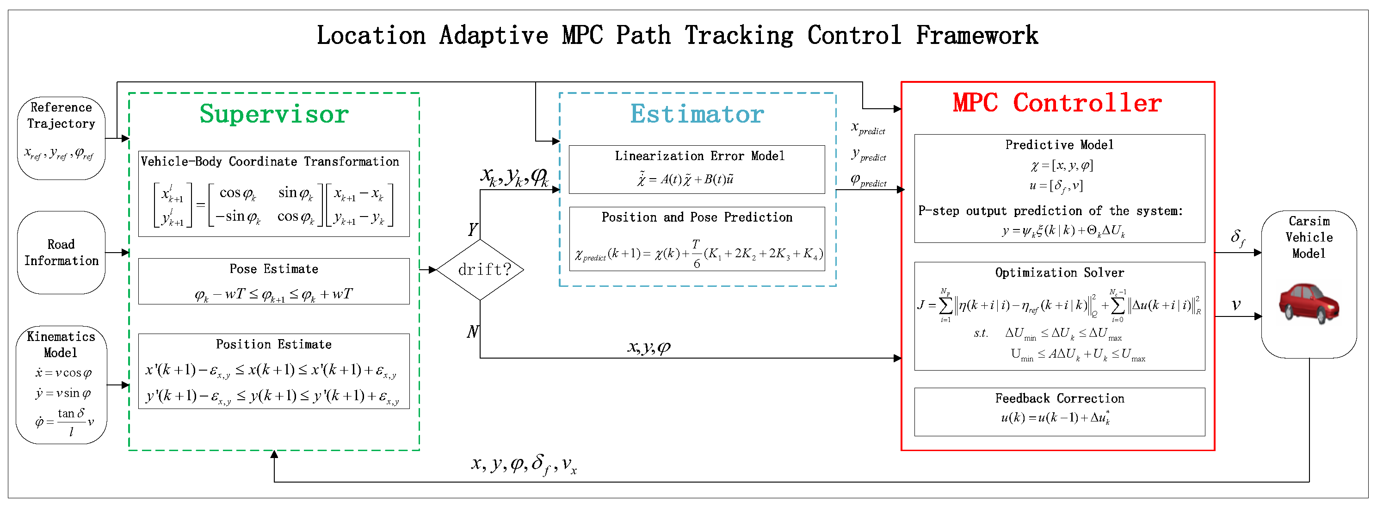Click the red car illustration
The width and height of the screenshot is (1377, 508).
[x=1309, y=303]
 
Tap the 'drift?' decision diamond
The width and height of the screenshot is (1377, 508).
[x=480, y=270]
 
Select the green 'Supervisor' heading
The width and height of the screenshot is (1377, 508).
[x=274, y=114]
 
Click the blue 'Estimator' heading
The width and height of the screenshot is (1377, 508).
[x=697, y=114]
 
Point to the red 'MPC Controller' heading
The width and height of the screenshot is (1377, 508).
[x=1057, y=103]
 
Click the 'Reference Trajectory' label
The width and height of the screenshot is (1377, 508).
[x=61, y=116]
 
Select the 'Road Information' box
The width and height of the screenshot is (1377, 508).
[x=61, y=253]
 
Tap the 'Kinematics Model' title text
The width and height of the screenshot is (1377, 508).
[x=61, y=344]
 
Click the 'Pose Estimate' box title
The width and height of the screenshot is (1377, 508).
[x=274, y=269]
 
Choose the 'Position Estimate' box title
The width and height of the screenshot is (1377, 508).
[x=274, y=344]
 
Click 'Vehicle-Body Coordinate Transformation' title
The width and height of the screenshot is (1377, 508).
[x=270, y=161]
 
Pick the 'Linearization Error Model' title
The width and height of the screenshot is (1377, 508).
[x=700, y=155]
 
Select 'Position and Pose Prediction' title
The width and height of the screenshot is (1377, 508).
[x=697, y=217]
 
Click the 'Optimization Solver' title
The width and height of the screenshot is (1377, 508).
[x=1060, y=273]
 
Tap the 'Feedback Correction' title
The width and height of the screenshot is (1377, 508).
[x=1060, y=398]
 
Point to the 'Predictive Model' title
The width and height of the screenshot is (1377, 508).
[x=1060, y=145]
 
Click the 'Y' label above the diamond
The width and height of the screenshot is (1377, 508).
[x=473, y=229]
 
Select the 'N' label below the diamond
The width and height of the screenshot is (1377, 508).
[x=473, y=332]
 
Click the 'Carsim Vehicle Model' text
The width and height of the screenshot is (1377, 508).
[x=1309, y=237]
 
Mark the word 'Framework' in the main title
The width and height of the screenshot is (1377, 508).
[x=976, y=36]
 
